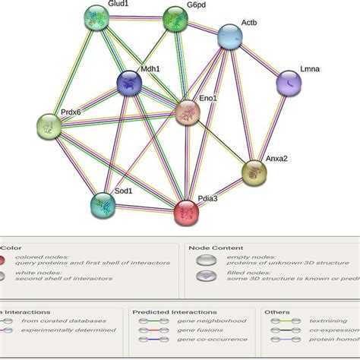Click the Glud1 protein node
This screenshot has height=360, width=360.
[x=96, y=16]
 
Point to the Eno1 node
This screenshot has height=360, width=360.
[x=188, y=113]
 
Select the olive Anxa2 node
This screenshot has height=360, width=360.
[x=254, y=172]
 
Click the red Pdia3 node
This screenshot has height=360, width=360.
[x=188, y=212]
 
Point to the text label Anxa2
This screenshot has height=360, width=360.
[x=276, y=159]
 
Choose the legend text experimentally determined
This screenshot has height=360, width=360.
[x=65, y=333]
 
